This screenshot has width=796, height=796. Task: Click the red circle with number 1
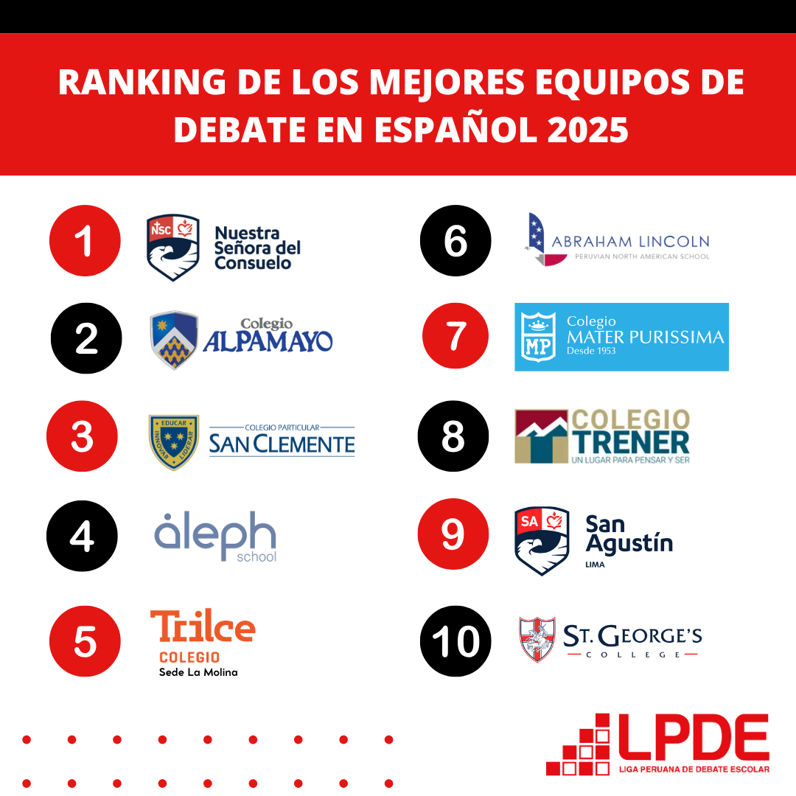point(85,241)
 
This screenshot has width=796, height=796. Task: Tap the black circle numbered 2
point(86,338)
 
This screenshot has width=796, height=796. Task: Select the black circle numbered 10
point(455,641)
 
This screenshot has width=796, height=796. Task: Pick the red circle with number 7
point(455,336)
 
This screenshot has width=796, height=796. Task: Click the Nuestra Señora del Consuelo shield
point(172,248)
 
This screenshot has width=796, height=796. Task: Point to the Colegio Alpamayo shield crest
point(174,340)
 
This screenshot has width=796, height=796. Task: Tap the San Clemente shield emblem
point(174,441)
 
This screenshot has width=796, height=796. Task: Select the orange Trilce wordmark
point(203,627)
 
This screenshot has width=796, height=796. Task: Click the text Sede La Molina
point(198,672)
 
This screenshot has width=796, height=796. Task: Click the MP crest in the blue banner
point(539,337)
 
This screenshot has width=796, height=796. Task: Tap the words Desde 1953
point(591,352)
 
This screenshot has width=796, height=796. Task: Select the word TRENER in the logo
point(630,441)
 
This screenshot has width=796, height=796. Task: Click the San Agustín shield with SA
point(542,540)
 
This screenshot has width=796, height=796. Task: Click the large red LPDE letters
point(693,738)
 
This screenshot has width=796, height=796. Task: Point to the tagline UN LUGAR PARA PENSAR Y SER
point(630,460)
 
